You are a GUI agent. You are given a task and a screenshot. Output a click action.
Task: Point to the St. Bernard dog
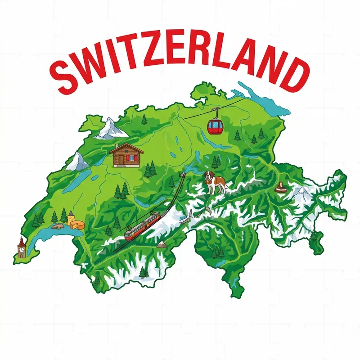(214, 181)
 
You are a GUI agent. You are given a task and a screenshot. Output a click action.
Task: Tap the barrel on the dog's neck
(208, 182)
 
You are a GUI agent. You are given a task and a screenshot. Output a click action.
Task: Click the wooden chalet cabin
(126, 155)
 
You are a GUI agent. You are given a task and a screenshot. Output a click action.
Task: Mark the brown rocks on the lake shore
(57, 226)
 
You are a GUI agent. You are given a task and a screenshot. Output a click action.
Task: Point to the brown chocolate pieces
(281, 188)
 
